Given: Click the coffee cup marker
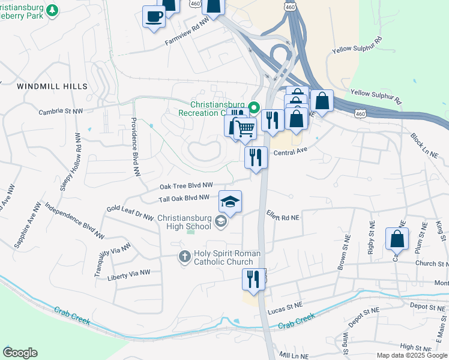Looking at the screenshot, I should tap(154, 16).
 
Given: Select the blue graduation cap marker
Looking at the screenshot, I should tap(229, 202).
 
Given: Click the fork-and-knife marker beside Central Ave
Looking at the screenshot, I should tap(256, 158).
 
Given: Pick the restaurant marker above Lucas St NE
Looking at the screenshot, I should tap(253, 279).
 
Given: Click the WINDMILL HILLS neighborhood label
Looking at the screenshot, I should tap(52, 86).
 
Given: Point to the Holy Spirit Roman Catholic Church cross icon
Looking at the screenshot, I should tap(185, 257).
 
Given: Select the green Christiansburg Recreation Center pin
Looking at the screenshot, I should tap(254, 108).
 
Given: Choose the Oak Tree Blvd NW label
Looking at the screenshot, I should tap(187, 185).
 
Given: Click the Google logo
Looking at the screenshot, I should tap(20, 353).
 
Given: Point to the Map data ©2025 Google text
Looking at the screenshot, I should tap(411, 355).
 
